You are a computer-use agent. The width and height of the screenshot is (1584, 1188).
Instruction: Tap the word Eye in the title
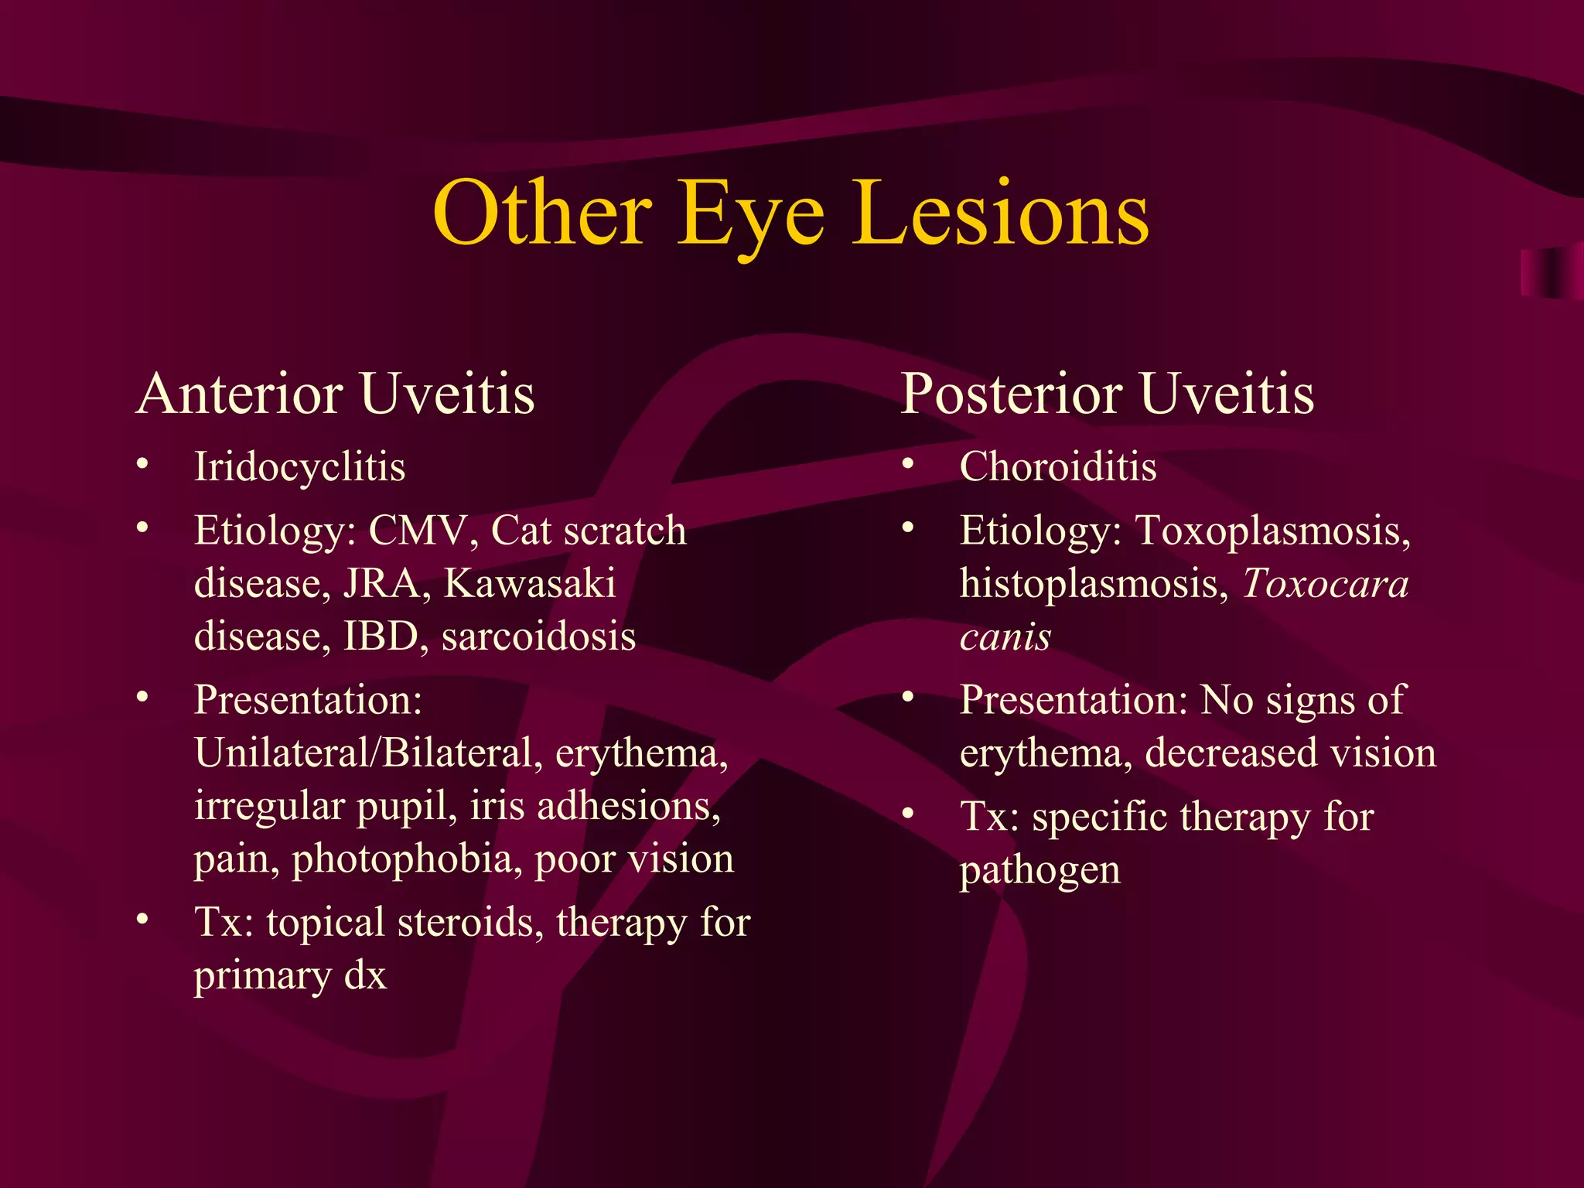click(749, 217)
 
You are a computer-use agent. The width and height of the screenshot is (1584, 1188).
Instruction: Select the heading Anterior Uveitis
click(335, 394)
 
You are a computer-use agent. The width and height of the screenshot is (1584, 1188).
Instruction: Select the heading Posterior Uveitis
click(1107, 394)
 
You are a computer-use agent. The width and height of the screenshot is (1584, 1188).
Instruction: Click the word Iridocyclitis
click(299, 467)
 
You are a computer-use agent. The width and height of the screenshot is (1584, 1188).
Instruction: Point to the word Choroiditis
click(1057, 467)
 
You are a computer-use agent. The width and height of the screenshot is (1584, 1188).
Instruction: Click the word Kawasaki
click(530, 584)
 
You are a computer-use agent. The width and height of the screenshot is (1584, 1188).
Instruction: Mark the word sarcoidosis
click(538, 637)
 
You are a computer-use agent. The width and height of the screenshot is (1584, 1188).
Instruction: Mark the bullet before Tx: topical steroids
click(142, 920)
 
